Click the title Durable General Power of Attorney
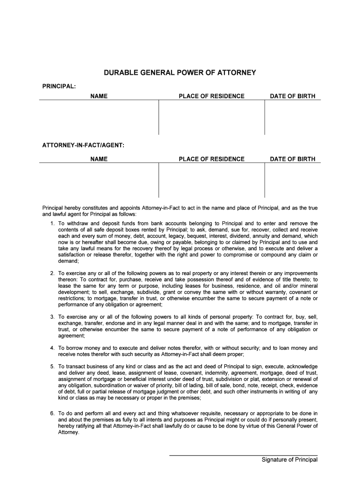[x=180, y=73]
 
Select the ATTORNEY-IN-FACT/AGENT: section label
[x=83, y=145]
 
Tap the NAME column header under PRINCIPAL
[x=99, y=96]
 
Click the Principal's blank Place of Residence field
[x=211, y=117]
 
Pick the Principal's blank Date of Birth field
[x=292, y=117]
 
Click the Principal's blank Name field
[x=99, y=117]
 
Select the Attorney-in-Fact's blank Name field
[x=99, y=180]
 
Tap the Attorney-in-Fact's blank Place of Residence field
[x=211, y=180]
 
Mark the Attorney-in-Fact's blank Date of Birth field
[x=292, y=180]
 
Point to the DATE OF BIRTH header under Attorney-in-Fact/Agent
[x=292, y=159]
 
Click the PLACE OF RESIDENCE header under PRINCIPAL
[x=211, y=96]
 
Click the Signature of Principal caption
[x=289, y=460]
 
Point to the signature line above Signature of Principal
[x=243, y=455]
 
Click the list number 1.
[x=52, y=224]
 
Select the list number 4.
[x=52, y=348]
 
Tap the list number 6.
[x=52, y=414]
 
